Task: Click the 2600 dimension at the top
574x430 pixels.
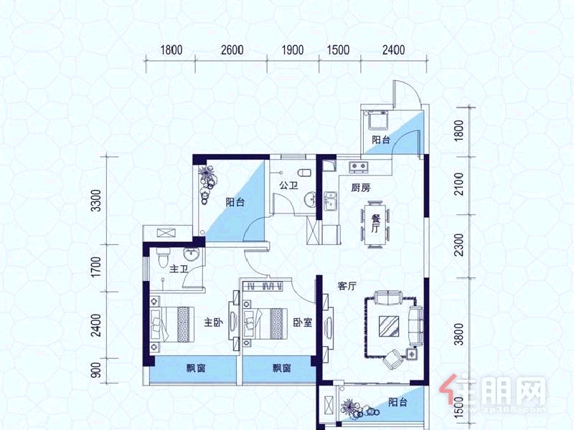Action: [232, 49]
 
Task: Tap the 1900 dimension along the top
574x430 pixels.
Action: [293, 49]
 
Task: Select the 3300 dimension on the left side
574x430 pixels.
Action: [96, 201]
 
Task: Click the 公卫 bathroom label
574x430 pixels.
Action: [288, 186]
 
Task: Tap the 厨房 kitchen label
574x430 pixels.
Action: [361, 188]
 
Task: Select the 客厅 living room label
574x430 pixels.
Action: [347, 286]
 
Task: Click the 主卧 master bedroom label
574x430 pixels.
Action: [213, 322]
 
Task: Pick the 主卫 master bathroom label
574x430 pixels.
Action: [179, 269]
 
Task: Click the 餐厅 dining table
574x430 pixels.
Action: [375, 224]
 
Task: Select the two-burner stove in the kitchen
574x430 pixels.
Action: [358, 167]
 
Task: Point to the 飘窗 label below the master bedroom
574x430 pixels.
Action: [196, 368]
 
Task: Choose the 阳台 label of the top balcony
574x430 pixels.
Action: [381, 140]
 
